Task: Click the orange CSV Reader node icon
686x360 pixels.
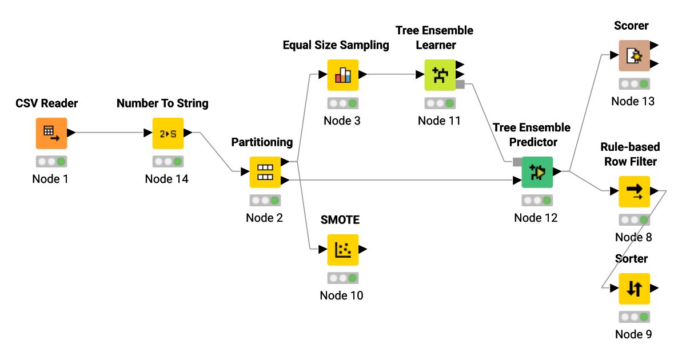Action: pos(51,133)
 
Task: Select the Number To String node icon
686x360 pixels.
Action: pos(167,133)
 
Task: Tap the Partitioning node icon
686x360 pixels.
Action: pos(265,172)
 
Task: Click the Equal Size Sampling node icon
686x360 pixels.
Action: pos(342,75)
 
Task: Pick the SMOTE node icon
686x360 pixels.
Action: pos(342,250)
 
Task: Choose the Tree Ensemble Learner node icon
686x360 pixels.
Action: pos(440,75)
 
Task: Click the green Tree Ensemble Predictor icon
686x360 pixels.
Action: pos(537,172)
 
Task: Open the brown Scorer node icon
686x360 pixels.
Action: pos(634,55)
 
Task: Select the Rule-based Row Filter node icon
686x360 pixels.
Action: pos(634,191)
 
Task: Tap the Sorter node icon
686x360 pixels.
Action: pos(634,289)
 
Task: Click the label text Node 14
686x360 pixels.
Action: pos(166,179)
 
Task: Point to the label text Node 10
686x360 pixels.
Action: pos(341,295)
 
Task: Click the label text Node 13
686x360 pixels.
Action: pos(633,101)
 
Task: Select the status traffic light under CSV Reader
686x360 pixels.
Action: pos(51,161)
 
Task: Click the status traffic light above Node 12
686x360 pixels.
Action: pos(537,200)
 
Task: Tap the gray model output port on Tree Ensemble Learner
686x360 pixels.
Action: pos(460,85)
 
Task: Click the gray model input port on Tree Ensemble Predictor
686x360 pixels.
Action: pos(517,162)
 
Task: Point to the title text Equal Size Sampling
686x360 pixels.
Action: pos(336,45)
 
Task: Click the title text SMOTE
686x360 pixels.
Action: pos(340,220)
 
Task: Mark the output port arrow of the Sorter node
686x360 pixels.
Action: pos(654,289)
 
